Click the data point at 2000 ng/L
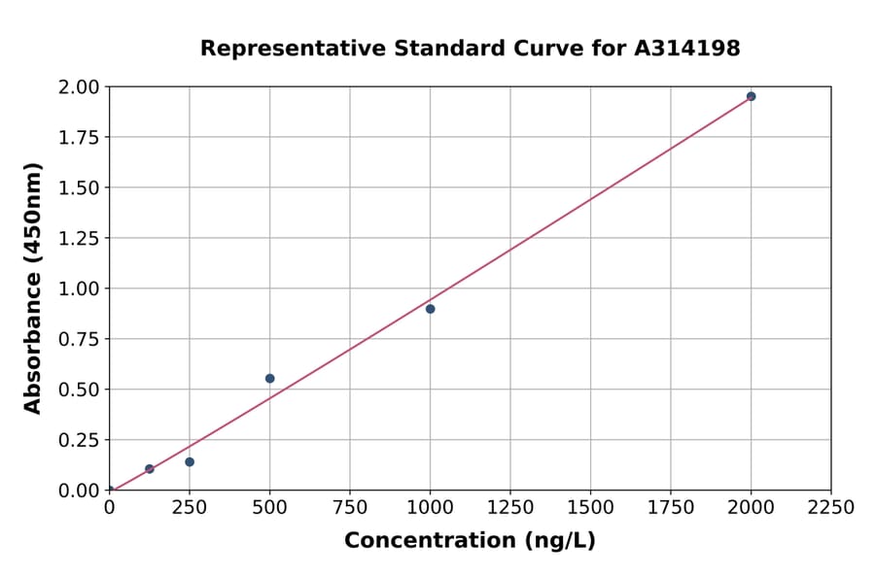(x=751, y=96)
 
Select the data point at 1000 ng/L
(x=430, y=309)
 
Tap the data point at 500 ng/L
(x=269, y=378)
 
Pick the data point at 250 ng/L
(x=190, y=461)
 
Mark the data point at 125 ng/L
(x=150, y=468)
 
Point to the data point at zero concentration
(x=110, y=490)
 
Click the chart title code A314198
(x=688, y=49)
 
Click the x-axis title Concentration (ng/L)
(x=470, y=541)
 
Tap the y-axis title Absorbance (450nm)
(x=33, y=288)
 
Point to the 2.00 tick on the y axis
(x=80, y=87)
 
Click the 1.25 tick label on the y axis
(x=80, y=238)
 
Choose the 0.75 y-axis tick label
(x=80, y=339)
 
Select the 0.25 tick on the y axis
(x=80, y=440)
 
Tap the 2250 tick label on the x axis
(x=831, y=508)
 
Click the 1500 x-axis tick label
(x=590, y=508)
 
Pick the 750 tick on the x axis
(x=350, y=508)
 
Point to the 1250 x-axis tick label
(x=510, y=508)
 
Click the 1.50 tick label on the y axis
(x=80, y=187)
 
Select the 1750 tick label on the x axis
(x=671, y=508)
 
